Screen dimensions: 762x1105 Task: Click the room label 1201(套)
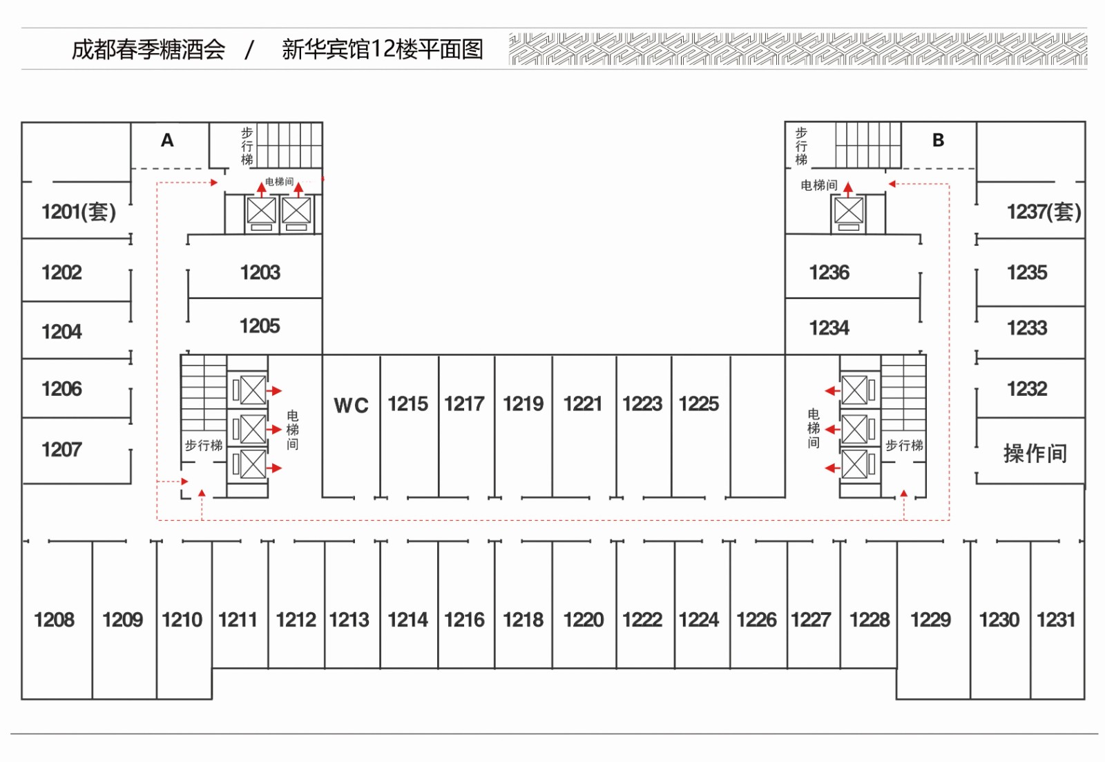[x=79, y=211]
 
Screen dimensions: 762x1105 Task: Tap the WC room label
[x=351, y=406]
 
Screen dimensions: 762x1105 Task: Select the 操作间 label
[x=1035, y=453]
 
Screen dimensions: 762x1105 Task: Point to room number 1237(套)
[x=1044, y=211]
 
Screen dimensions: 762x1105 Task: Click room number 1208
[x=55, y=620]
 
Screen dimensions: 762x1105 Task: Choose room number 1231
[x=1056, y=620]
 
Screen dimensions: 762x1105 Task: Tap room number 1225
[x=699, y=403]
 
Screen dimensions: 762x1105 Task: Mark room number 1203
[x=260, y=272]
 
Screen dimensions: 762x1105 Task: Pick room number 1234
[x=829, y=327]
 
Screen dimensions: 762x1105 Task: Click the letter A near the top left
[x=167, y=140]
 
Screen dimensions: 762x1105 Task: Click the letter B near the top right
[x=938, y=140]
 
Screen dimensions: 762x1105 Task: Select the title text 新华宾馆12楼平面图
[x=382, y=49]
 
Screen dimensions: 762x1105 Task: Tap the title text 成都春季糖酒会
[x=148, y=49]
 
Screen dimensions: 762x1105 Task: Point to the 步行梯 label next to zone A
[x=247, y=146]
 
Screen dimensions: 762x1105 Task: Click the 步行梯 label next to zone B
[x=801, y=146]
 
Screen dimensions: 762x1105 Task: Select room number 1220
[x=584, y=620]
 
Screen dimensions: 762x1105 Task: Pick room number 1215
[x=408, y=403]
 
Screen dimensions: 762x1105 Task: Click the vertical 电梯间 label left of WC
[x=293, y=430]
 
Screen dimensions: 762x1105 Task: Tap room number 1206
[x=62, y=389]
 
